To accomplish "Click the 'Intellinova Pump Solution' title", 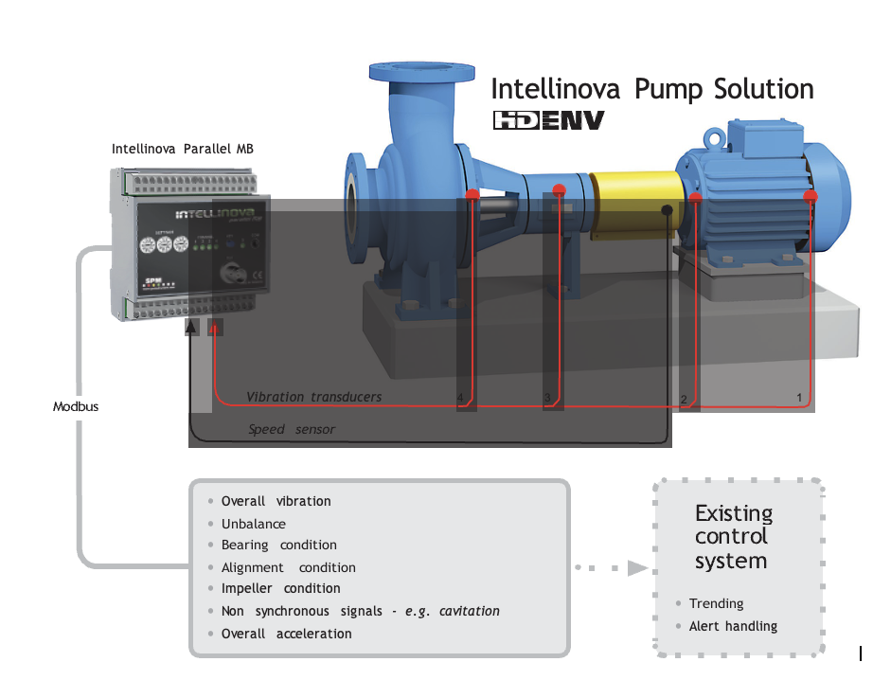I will tap(651, 90).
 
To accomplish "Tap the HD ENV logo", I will tap(548, 121).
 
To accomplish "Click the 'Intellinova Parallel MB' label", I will tap(183, 149).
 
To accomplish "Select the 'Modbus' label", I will tap(76, 406).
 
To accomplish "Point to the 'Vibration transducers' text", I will tap(314, 397).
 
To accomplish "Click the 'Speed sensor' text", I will tap(292, 429).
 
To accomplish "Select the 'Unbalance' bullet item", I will tap(253, 524).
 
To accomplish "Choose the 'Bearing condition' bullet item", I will tap(278, 546).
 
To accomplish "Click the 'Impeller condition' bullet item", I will tap(280, 588).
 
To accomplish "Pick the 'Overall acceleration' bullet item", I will tap(286, 634).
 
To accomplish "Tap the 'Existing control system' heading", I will tap(733, 537).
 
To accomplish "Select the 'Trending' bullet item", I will tap(716, 603).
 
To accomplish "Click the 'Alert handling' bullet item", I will tap(733, 626).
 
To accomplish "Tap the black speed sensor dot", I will tap(668, 210).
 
